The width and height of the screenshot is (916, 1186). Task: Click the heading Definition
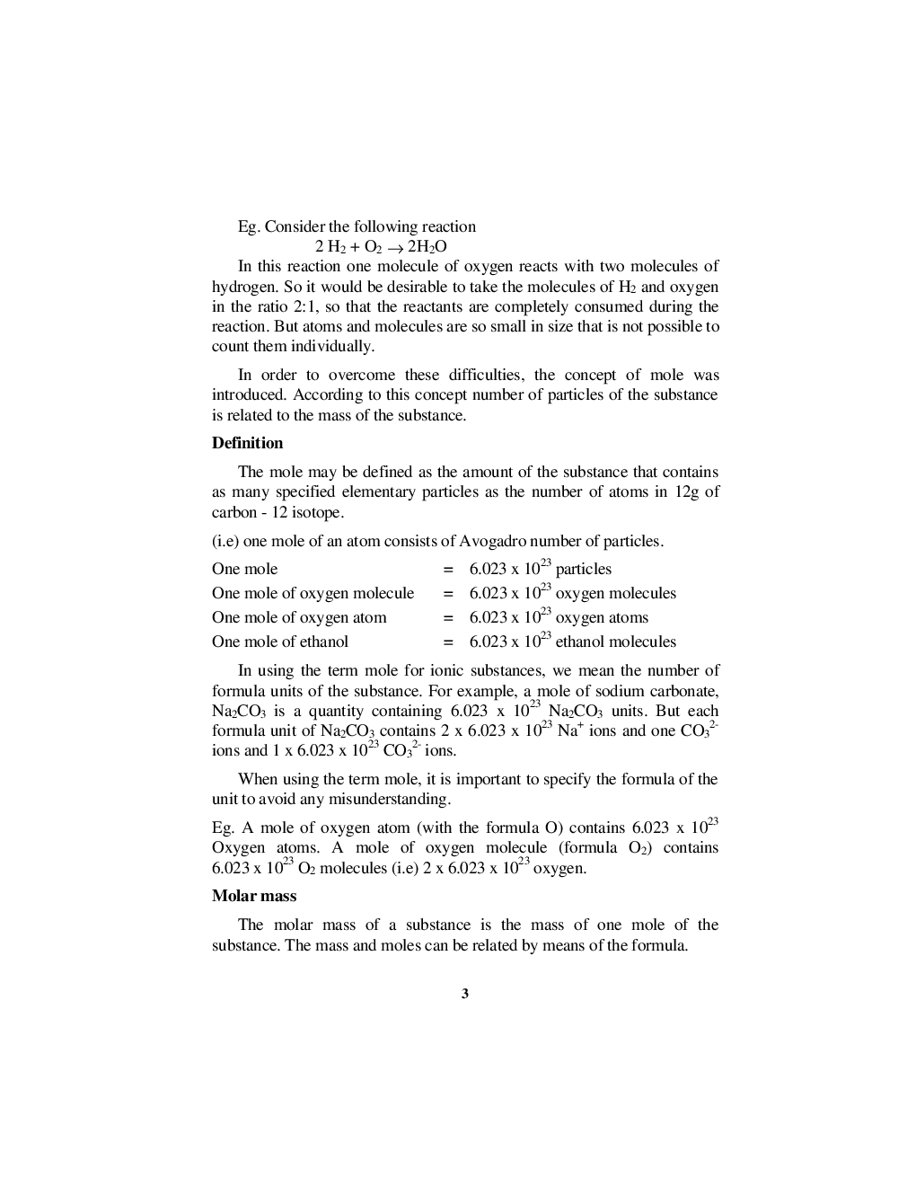coord(247,443)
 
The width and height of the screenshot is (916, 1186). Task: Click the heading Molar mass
coord(253,896)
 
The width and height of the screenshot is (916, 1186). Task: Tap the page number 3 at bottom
coord(464,993)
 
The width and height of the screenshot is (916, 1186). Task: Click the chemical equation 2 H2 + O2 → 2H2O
coord(381,247)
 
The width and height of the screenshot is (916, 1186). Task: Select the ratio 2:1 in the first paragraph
coord(292,306)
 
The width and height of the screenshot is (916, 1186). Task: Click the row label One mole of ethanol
coord(280,642)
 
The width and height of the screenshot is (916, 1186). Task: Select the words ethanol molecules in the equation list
coord(615,642)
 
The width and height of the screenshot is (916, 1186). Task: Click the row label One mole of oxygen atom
coord(299,617)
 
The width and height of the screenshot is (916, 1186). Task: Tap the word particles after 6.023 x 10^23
coord(583,569)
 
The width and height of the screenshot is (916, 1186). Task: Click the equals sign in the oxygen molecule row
coord(447,593)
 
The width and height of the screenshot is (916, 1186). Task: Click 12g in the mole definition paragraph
coord(686,491)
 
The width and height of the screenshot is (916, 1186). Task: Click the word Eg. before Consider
coord(248,226)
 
